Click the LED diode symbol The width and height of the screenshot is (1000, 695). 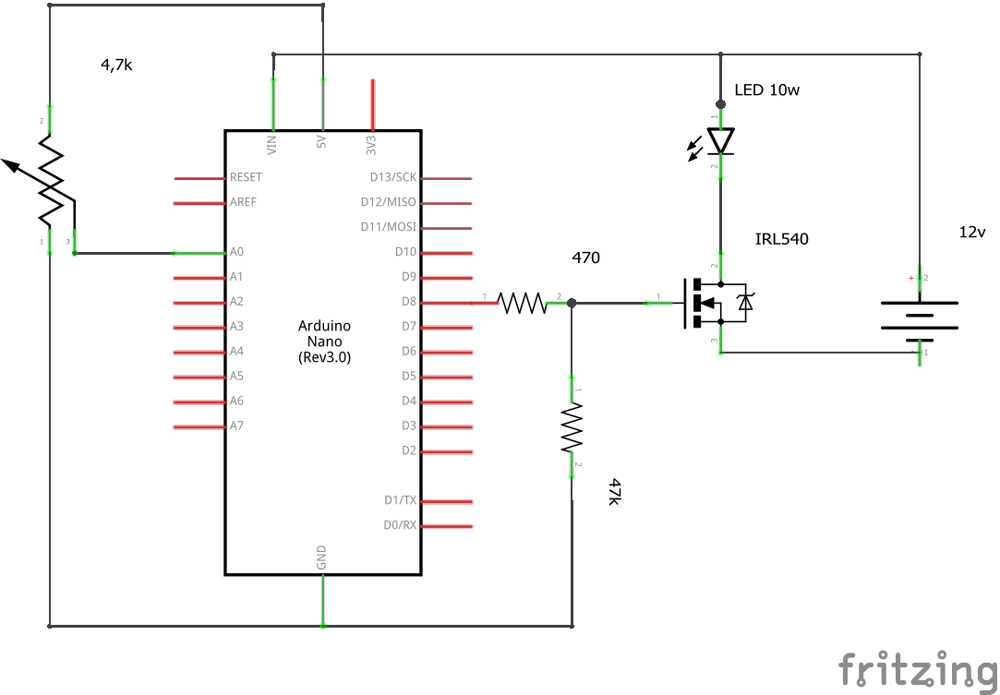click(720, 141)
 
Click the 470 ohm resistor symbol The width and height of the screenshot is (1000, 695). click(522, 302)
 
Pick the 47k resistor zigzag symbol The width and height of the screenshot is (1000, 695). click(572, 430)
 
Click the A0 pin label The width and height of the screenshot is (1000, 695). click(236, 251)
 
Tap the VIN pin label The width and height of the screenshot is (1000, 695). click(271, 144)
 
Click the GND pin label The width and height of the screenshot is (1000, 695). click(321, 557)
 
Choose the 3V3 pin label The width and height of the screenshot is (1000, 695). click(371, 145)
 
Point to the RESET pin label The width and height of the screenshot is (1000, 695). click(246, 176)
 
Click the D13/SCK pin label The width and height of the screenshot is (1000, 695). click(393, 176)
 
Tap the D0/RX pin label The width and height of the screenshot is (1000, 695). click(400, 525)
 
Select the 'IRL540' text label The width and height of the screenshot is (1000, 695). click(781, 239)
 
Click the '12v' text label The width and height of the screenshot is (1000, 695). click(973, 232)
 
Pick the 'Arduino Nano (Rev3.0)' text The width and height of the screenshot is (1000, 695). click(324, 341)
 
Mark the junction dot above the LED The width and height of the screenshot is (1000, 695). click(720, 104)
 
